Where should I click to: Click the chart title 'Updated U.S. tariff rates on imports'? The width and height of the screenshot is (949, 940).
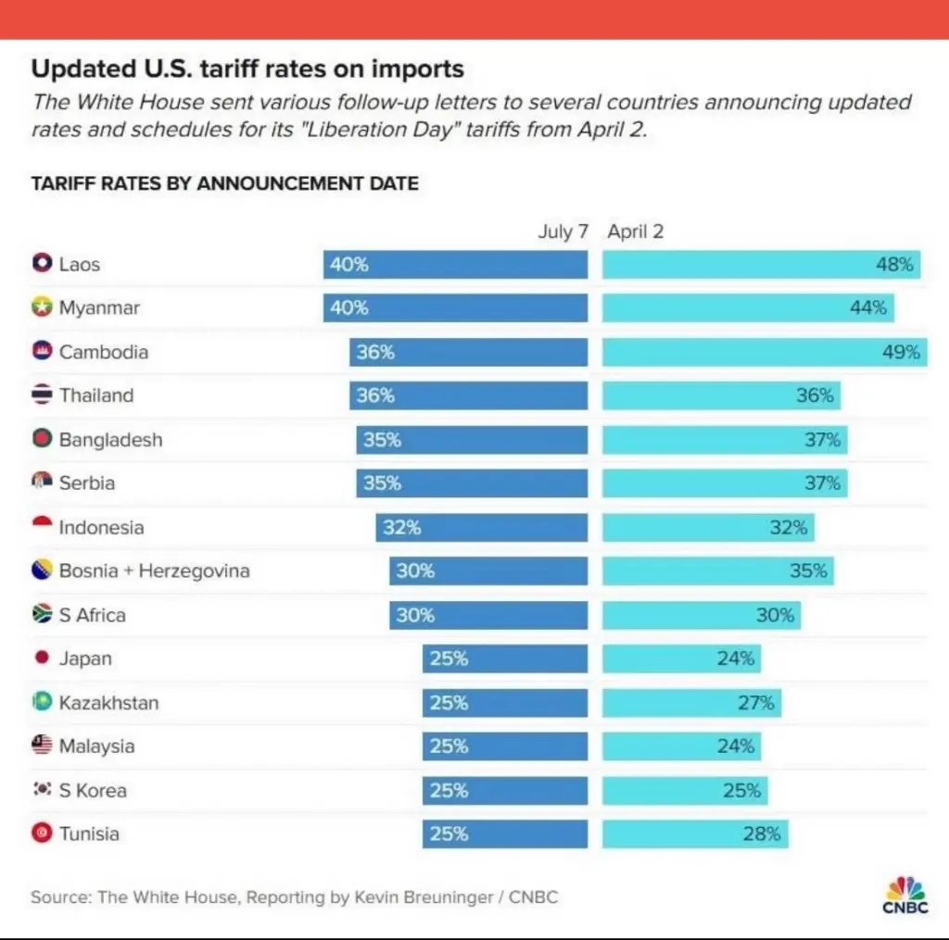click(x=247, y=69)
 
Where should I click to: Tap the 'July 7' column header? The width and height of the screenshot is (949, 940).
click(x=563, y=232)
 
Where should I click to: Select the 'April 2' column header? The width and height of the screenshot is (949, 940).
click(x=636, y=232)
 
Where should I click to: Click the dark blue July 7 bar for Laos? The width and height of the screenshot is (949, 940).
click(x=455, y=264)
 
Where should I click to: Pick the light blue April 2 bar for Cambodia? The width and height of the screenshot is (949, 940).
click(x=765, y=352)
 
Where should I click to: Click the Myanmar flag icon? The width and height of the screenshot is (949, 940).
click(x=42, y=308)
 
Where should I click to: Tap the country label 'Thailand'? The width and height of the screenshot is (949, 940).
click(x=96, y=395)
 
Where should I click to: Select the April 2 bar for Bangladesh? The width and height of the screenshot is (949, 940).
click(x=725, y=440)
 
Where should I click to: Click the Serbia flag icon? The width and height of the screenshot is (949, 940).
click(x=42, y=483)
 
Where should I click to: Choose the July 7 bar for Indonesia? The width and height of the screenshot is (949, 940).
click(x=481, y=528)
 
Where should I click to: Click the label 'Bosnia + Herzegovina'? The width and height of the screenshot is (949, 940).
click(x=154, y=570)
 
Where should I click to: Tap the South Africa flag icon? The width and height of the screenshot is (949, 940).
click(x=42, y=614)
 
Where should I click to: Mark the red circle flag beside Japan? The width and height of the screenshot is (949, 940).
click(x=42, y=658)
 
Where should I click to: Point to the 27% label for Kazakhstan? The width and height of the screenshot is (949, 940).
click(x=755, y=702)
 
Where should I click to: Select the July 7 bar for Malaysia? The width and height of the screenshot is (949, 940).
click(x=505, y=746)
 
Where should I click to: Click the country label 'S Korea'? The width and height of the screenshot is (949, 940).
click(x=93, y=790)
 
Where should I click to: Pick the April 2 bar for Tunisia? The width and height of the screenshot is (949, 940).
click(x=695, y=833)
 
